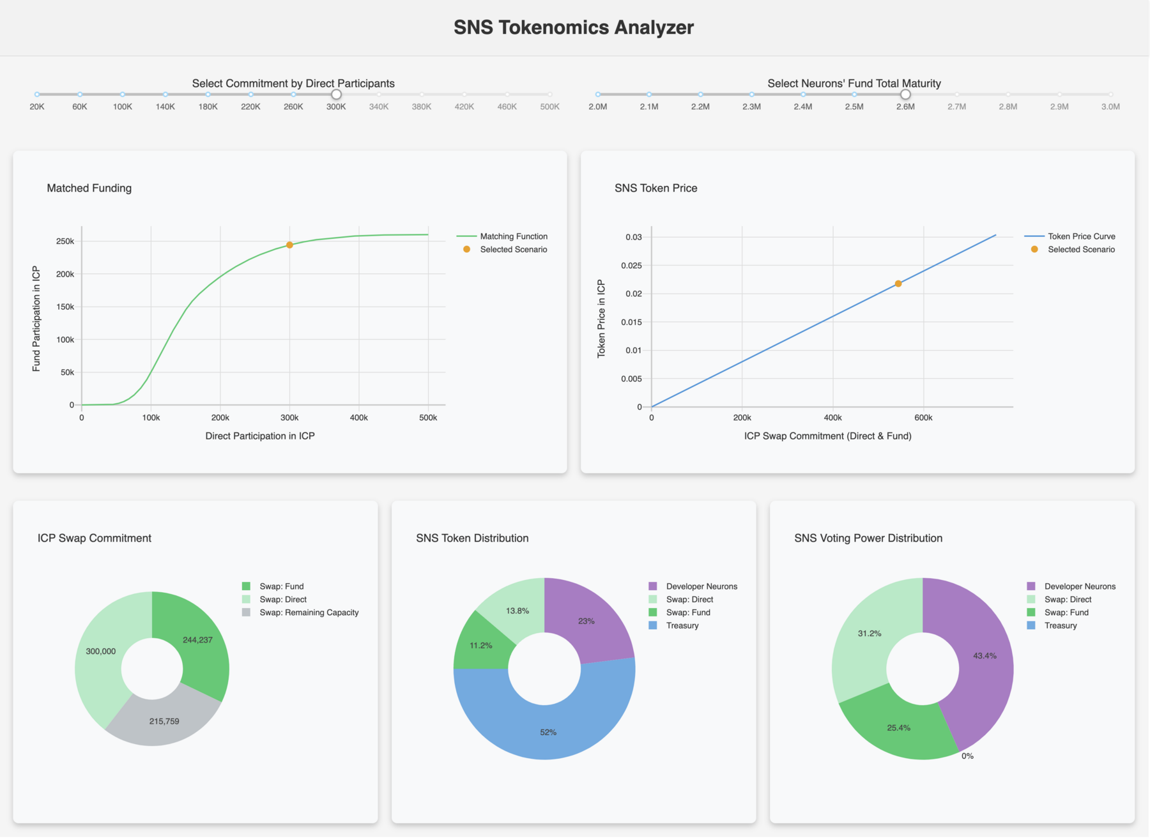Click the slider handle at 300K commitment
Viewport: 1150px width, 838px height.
[x=336, y=95]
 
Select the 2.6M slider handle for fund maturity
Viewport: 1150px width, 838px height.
[x=905, y=95]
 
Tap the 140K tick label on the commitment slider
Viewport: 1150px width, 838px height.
[x=165, y=107]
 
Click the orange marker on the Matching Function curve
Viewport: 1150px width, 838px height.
[x=289, y=245]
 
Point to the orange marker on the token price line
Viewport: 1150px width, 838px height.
[x=898, y=284]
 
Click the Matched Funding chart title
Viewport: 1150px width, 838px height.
[x=89, y=188]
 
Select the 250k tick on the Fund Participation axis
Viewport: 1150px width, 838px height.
[x=65, y=241]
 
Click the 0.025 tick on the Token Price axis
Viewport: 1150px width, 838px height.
[x=633, y=265]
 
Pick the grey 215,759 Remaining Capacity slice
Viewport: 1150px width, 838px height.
[x=164, y=721]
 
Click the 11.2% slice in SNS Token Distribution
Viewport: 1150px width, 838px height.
[x=481, y=646]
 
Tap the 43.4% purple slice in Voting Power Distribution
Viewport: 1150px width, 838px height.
[x=984, y=656]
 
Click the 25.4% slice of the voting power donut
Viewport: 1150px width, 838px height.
[x=898, y=728]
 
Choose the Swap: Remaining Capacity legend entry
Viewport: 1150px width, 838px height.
[x=309, y=613]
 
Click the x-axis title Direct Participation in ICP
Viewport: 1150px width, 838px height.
[x=260, y=436]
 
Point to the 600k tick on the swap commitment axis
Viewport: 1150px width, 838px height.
[x=923, y=418]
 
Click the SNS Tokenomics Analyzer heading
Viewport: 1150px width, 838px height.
[x=574, y=27]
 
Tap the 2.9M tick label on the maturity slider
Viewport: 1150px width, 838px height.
[x=1059, y=107]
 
